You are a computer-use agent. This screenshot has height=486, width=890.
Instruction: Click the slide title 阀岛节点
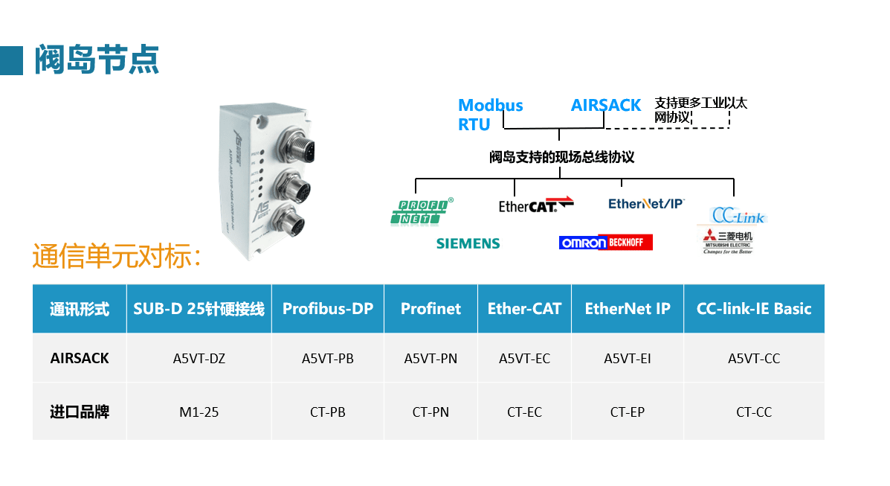pyautogui.click(x=97, y=60)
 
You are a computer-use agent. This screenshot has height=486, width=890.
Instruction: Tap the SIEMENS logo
pyautogui.click(x=468, y=243)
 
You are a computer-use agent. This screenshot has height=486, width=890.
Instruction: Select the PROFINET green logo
pyautogui.click(x=421, y=211)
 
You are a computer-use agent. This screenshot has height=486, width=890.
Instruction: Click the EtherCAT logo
pyautogui.click(x=536, y=205)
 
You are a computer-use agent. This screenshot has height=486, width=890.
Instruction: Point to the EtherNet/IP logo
pyautogui.click(x=645, y=203)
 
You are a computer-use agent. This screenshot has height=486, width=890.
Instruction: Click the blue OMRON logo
pyautogui.click(x=583, y=243)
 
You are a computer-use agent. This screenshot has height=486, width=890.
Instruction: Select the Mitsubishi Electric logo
pyautogui.click(x=728, y=243)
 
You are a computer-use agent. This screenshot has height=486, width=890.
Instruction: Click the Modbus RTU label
pyautogui.click(x=490, y=115)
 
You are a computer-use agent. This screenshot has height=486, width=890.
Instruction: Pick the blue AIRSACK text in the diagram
pyautogui.click(x=605, y=106)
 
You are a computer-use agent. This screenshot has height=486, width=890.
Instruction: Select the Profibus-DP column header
pyautogui.click(x=327, y=309)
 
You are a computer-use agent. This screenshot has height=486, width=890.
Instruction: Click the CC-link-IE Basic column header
pyautogui.click(x=753, y=309)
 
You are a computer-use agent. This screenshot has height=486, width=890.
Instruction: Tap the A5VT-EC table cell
pyautogui.click(x=524, y=358)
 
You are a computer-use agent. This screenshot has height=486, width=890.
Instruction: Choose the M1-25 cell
pyautogui.click(x=199, y=412)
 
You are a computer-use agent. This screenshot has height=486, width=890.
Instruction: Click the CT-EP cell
pyautogui.click(x=627, y=412)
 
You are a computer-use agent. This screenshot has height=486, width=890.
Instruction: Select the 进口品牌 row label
pyautogui.click(x=80, y=412)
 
